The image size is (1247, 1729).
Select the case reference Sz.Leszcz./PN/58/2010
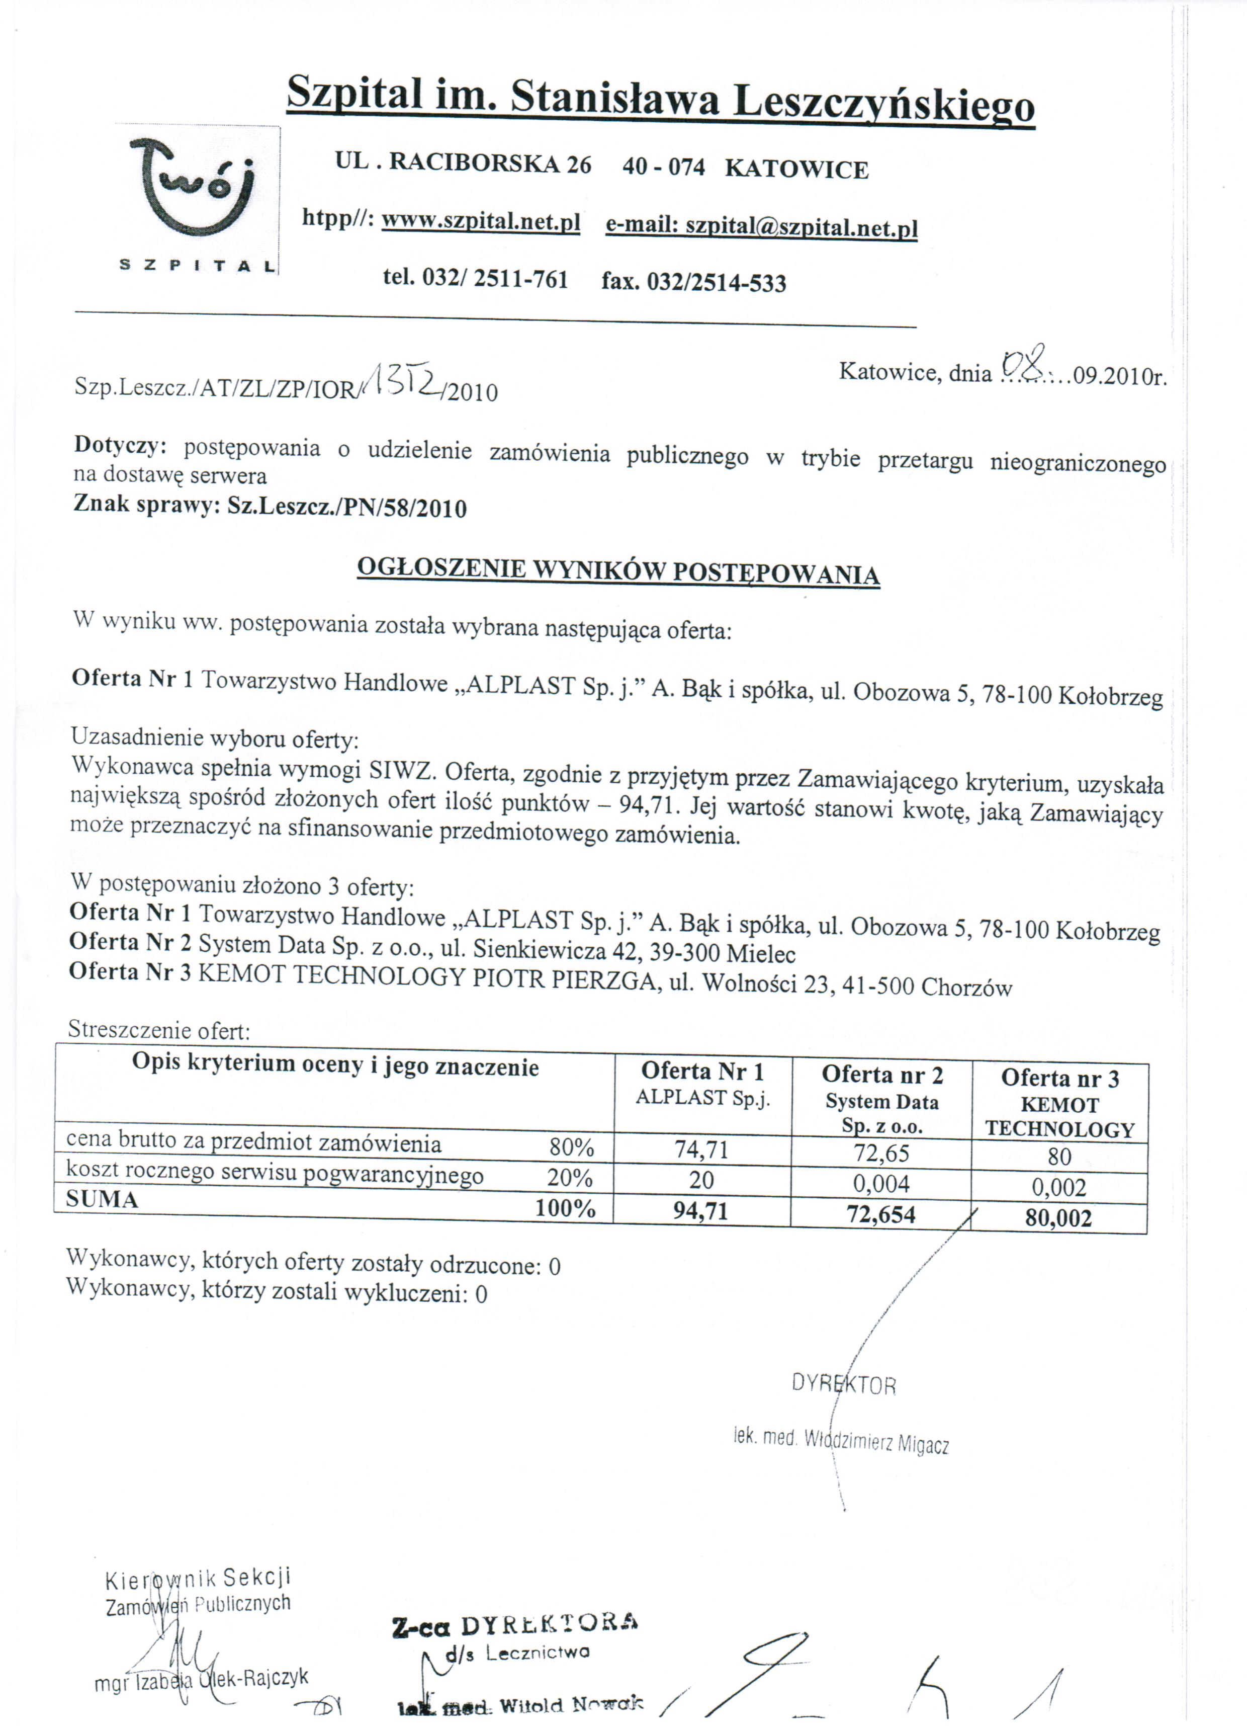[x=347, y=508]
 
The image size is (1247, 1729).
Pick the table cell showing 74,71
[x=701, y=1148]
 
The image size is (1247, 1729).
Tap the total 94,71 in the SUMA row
[x=700, y=1211]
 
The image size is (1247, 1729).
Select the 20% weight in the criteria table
[x=569, y=1178]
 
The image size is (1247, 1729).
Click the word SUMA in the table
[x=102, y=1199]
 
